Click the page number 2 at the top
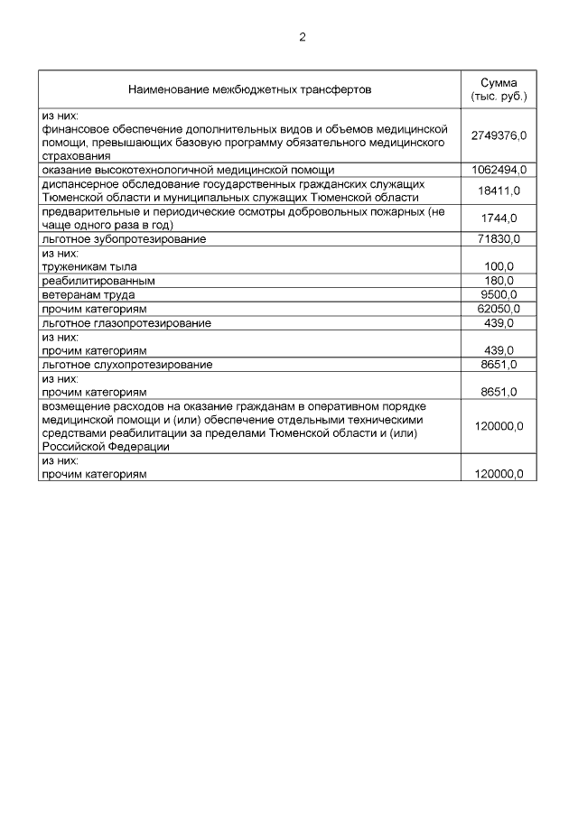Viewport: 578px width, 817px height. point(302,37)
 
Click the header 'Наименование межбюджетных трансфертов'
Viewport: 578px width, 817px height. point(249,89)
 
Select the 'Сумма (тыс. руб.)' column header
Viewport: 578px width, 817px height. point(498,89)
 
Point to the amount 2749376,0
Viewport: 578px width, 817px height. point(499,135)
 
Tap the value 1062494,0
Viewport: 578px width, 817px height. point(499,170)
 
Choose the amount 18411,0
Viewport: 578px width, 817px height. point(499,190)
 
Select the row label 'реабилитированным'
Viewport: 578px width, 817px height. point(98,281)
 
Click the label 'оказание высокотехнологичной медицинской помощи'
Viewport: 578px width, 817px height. point(188,170)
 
